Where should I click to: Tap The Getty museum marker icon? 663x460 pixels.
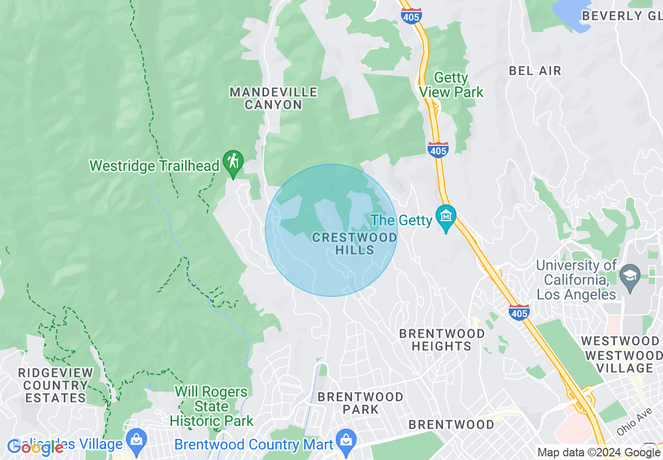pyautogui.click(x=445, y=217)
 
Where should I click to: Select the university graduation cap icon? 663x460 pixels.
pyautogui.click(x=630, y=273)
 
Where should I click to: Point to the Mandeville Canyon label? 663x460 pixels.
pyautogui.click(x=273, y=98)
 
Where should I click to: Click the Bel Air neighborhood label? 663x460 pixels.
pyautogui.click(x=535, y=71)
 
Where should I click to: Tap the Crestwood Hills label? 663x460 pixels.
pyautogui.click(x=355, y=244)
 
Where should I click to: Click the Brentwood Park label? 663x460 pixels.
pyautogui.click(x=360, y=403)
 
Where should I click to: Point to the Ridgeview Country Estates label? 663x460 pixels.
pyautogui.click(x=55, y=385)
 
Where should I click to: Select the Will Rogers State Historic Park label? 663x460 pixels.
pyautogui.click(x=211, y=406)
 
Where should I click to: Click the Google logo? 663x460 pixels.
pyautogui.click(x=35, y=447)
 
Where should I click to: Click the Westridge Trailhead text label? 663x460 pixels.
pyautogui.click(x=154, y=166)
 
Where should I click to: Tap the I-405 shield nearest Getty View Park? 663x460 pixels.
pyautogui.click(x=438, y=149)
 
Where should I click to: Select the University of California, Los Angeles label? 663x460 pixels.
pyautogui.click(x=576, y=280)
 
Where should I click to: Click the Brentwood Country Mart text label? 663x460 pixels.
pyautogui.click(x=254, y=445)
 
